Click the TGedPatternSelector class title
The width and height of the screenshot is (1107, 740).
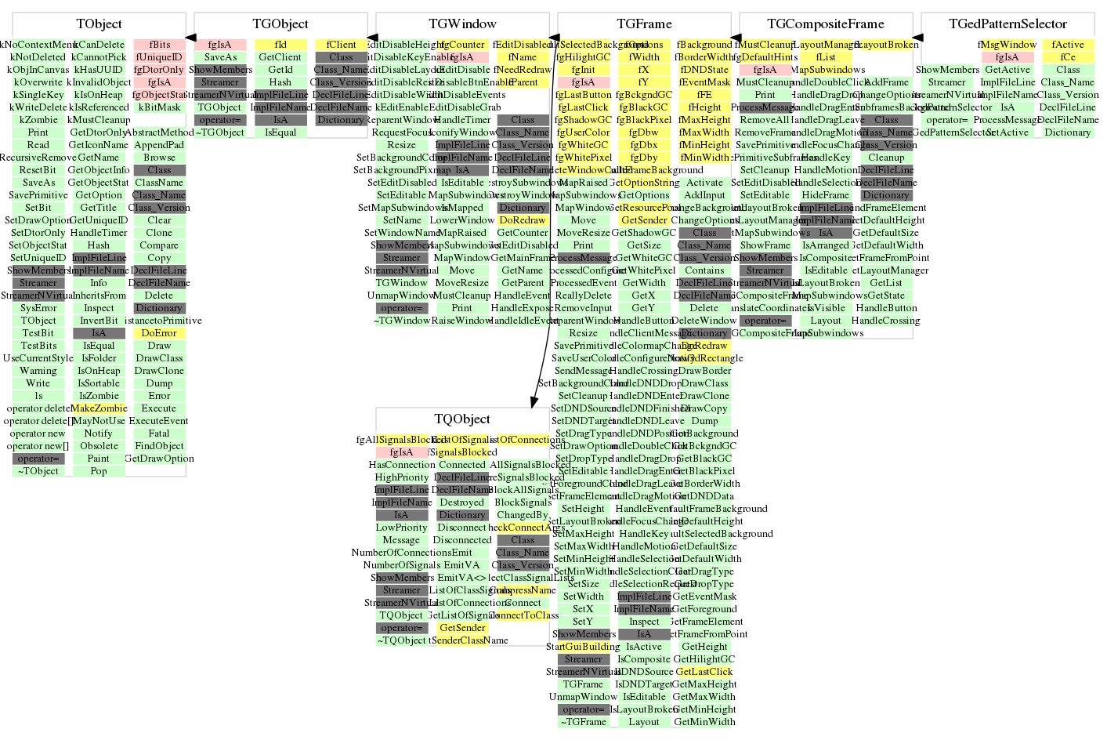pos(1008,24)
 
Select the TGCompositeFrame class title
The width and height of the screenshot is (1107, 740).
pos(826,24)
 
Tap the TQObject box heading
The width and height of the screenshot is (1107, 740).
pos(462,419)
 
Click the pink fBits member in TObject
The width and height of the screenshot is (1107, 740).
pos(160,45)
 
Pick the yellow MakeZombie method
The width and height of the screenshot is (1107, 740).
pos(99,408)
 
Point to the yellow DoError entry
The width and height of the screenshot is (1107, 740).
pos(159,333)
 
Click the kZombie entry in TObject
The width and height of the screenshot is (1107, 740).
pos(38,120)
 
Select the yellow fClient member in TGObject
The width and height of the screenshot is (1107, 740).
pos(341,45)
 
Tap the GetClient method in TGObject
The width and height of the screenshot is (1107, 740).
pos(280,57)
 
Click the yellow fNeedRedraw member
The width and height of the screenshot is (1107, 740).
pos(523,70)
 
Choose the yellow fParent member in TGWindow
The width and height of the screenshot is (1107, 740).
pos(523,82)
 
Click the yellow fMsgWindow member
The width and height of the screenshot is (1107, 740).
pos(1008,45)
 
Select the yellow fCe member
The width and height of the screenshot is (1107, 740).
pos(1068,57)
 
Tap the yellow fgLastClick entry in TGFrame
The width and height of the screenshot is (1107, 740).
pos(584,107)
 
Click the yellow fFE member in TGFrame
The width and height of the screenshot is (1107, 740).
pos(704,95)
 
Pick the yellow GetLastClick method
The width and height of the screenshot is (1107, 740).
pos(704,672)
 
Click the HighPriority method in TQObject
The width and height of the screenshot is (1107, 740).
pos(402,477)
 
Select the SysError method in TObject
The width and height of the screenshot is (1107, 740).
pos(38,308)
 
